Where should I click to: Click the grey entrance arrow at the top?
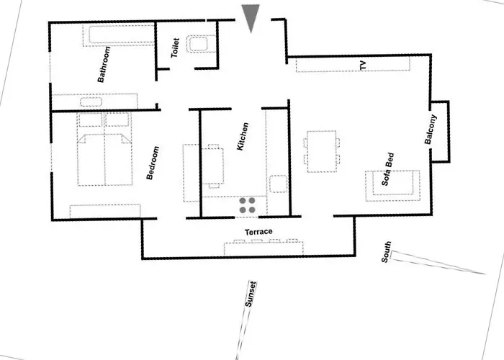click(251, 16)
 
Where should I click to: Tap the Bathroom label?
click(104, 65)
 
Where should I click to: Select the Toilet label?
click(174, 48)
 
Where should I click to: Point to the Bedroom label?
click(153, 163)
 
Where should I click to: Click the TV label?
click(363, 66)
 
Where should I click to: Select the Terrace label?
click(258, 232)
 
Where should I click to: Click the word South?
click(387, 253)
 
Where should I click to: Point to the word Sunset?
click(251, 294)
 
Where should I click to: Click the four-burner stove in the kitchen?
click(247, 204)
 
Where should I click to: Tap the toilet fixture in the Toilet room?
click(199, 45)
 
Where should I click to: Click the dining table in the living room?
click(321, 151)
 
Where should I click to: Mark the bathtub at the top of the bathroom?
click(122, 34)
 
